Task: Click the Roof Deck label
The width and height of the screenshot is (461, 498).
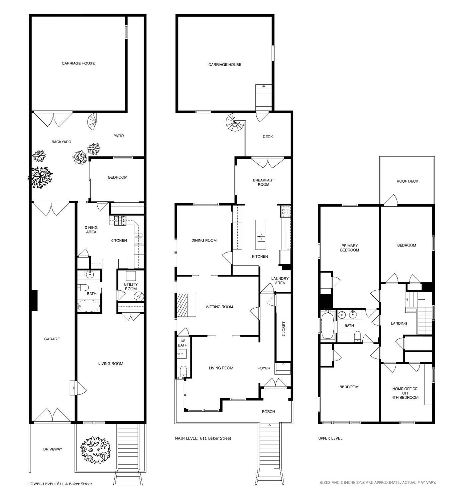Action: pos(407,181)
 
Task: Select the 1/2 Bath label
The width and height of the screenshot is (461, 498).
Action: pos(182,343)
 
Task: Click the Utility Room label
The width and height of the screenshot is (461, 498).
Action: pos(131,286)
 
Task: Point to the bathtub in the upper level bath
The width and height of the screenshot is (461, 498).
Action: pos(328,325)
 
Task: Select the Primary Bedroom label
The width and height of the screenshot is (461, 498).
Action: pos(349,248)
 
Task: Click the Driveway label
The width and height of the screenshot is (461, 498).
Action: pos(53,449)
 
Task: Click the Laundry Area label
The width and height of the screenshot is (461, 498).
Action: pos(280,281)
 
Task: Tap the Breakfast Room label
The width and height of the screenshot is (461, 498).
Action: pos(263,182)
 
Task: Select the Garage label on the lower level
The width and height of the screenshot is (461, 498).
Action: pos(52,339)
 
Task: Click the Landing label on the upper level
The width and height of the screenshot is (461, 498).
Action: pos(399,323)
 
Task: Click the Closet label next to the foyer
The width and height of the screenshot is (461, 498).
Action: pos(284,329)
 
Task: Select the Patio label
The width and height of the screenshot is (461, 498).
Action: pos(118,136)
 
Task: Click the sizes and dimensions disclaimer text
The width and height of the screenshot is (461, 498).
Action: pos(378,482)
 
